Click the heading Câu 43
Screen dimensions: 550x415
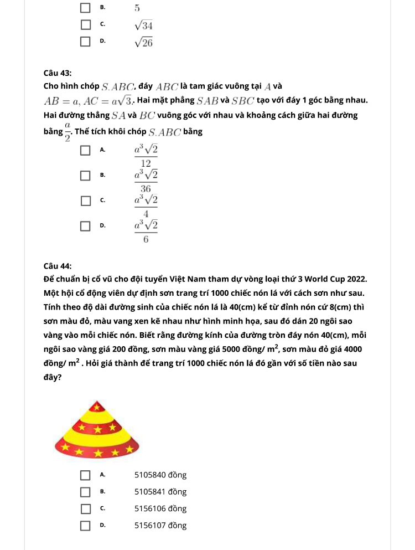pyautogui.click(x=58, y=73)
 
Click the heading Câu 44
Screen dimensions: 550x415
pyautogui.click(x=58, y=265)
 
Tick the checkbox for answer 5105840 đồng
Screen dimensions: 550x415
pyautogui.click(x=85, y=475)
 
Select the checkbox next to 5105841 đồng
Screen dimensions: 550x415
pyautogui.click(x=85, y=492)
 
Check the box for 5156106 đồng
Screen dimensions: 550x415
pyautogui.click(x=85, y=508)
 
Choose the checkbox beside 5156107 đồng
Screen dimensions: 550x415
pyautogui.click(x=85, y=525)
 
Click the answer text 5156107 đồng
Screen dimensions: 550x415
pyautogui.click(x=160, y=525)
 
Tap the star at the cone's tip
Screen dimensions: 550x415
pyautogui.click(x=97, y=408)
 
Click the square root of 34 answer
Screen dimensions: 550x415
pyautogui.click(x=143, y=25)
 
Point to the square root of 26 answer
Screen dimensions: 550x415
pyautogui.click(x=143, y=42)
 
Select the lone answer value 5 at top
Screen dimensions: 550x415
pyautogui.click(x=137, y=8)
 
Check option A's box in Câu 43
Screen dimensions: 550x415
pyautogui.click(x=85, y=150)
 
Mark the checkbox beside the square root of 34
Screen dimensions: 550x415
pyautogui.click(x=85, y=25)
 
